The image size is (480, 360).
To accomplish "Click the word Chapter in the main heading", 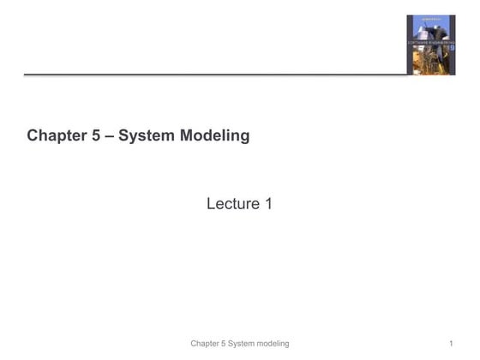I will pyautogui.click(x=56, y=135).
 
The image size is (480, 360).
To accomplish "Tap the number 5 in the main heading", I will pyautogui.click(x=95, y=135).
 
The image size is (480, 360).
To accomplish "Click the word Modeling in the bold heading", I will pyautogui.click(x=214, y=135).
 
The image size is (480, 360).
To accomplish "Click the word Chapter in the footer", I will pyautogui.click(x=208, y=344).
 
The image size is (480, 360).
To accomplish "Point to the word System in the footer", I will pyautogui.click(x=249, y=344).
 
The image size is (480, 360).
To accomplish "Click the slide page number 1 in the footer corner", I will pyautogui.click(x=450, y=344).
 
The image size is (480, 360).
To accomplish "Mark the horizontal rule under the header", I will pyautogui.click(x=214, y=75).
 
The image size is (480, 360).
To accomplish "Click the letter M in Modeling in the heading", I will pyautogui.click(x=189, y=135).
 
